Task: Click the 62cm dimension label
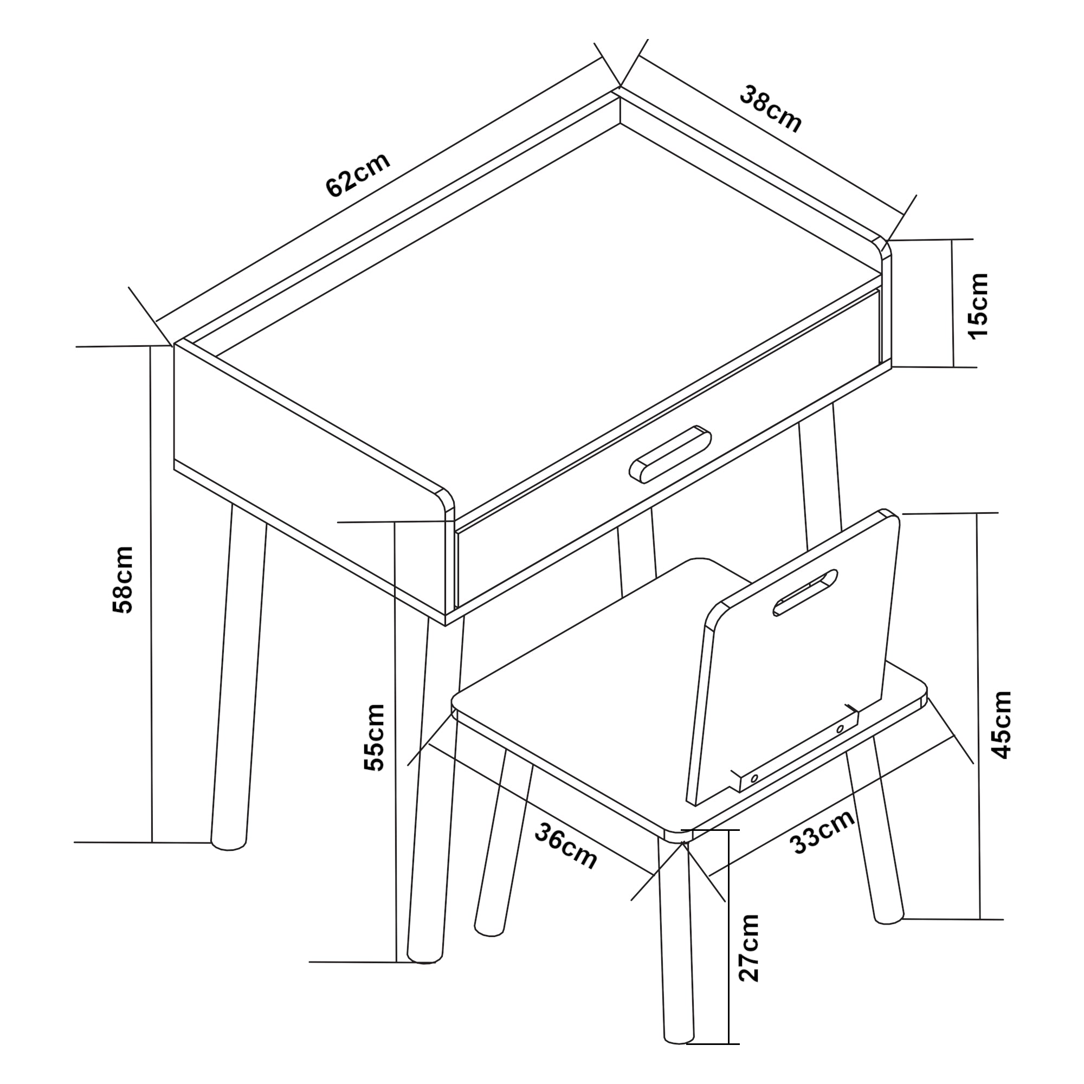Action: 357,175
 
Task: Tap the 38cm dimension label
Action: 770,109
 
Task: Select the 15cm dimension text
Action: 978,306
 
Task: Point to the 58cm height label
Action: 123,579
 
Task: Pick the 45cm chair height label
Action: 1002,724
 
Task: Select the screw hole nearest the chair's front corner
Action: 754,779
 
